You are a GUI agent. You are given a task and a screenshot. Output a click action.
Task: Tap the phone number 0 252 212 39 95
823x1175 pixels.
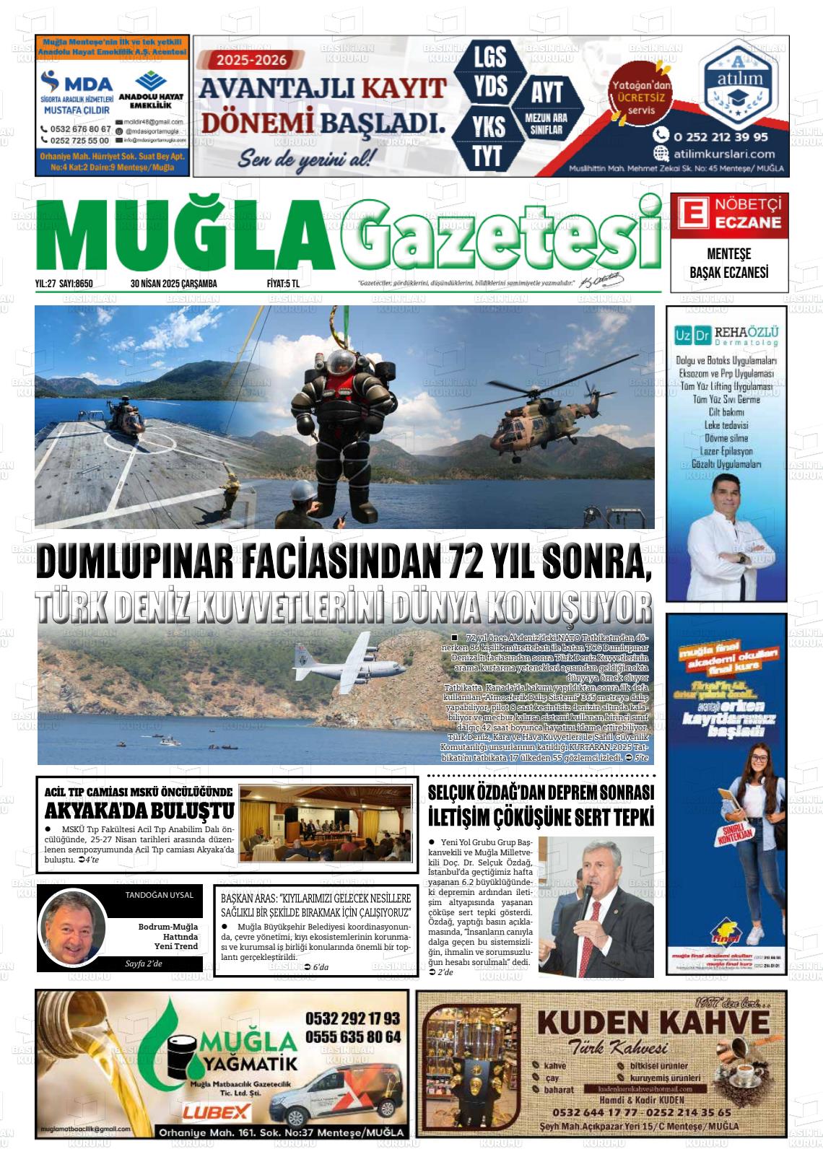(720, 136)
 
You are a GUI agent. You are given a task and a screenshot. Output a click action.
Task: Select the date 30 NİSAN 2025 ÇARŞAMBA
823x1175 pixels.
(173, 284)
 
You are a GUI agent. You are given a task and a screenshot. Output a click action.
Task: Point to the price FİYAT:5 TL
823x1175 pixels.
(282, 284)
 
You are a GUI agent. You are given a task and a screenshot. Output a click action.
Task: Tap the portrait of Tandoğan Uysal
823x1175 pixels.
(72, 927)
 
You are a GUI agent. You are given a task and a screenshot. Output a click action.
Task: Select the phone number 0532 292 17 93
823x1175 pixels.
(352, 1018)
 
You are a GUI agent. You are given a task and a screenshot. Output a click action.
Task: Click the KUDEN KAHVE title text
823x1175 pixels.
(653, 1023)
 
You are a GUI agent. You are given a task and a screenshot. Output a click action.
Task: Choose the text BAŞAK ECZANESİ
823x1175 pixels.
(729, 272)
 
